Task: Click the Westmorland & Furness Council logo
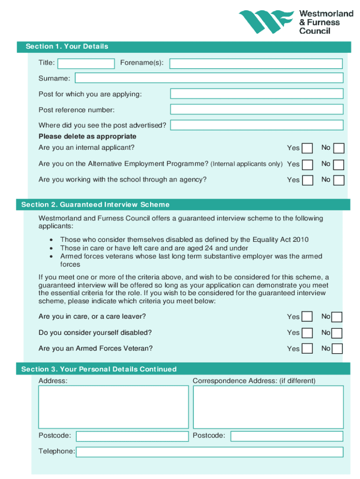tap(295, 22)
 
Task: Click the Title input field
tap(86, 64)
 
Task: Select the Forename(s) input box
tap(256, 64)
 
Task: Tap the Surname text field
tap(209, 78)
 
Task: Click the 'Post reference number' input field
tap(257, 109)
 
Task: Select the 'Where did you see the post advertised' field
tap(257, 125)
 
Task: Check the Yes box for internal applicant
tap(307, 148)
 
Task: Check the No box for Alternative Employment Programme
tap(339, 165)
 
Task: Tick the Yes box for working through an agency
tap(307, 181)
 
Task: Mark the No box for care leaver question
tap(337, 317)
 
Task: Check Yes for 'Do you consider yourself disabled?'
tap(307, 333)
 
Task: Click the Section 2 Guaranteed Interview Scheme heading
tap(95, 204)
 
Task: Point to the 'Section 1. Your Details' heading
tap(67, 46)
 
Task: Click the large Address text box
tap(114, 406)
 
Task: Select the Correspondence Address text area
tap(268, 406)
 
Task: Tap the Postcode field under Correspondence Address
tap(287, 436)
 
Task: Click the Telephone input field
tap(209, 452)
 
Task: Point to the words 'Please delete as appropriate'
tap(87, 137)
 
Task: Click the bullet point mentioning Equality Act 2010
tap(184, 240)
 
